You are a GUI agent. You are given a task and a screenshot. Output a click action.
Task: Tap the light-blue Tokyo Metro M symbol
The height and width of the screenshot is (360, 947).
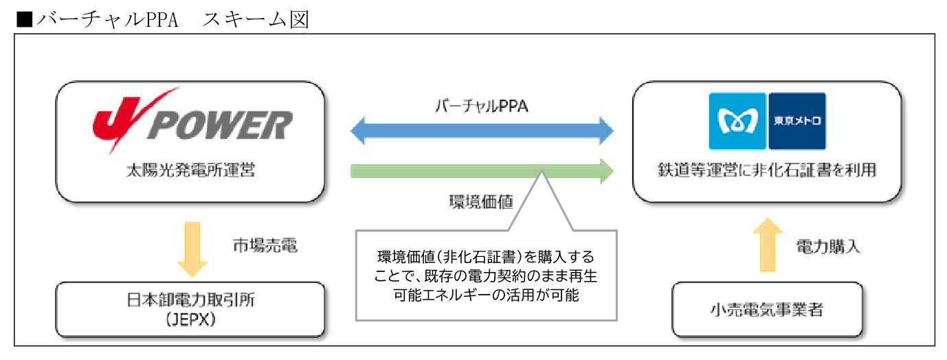click(x=737, y=122)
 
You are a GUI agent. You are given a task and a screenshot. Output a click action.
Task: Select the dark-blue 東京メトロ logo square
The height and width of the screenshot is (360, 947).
click(x=797, y=122)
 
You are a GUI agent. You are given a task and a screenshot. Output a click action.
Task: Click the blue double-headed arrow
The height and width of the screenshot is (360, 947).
click(x=482, y=131)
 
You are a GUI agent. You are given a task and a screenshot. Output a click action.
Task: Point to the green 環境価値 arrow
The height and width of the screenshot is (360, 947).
click(x=482, y=171)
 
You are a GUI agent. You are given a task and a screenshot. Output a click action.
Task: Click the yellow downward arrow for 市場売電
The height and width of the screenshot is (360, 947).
click(x=192, y=249)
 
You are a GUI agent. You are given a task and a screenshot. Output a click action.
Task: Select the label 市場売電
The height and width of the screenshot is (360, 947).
click(x=265, y=245)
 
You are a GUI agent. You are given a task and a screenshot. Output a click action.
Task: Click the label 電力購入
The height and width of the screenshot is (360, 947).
click(x=828, y=247)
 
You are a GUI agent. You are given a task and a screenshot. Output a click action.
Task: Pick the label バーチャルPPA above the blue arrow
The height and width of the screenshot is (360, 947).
click(x=482, y=106)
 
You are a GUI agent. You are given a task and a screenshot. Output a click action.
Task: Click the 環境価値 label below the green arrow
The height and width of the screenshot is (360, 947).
click(x=481, y=202)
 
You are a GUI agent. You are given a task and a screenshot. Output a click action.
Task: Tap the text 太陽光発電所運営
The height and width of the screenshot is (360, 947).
click(x=190, y=170)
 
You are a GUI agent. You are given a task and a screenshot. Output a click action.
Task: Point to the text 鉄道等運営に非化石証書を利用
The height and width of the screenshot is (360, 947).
click(x=767, y=170)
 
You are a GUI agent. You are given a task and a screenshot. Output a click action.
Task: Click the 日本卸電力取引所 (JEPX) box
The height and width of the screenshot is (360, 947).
click(x=190, y=309)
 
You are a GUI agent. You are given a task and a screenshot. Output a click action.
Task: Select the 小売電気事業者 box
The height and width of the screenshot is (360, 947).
click(x=768, y=309)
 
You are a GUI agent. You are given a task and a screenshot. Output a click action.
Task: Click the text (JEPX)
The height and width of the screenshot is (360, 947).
click(x=190, y=319)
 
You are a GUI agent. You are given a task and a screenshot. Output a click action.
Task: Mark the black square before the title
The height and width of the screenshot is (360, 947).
click(x=25, y=19)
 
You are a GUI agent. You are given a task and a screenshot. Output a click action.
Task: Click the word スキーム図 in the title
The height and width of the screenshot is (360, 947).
click(x=256, y=19)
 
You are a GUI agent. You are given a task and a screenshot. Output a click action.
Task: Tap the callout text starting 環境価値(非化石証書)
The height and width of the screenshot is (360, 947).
click(x=485, y=275)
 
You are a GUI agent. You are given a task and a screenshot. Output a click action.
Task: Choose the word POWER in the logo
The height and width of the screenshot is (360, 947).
click(x=220, y=125)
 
